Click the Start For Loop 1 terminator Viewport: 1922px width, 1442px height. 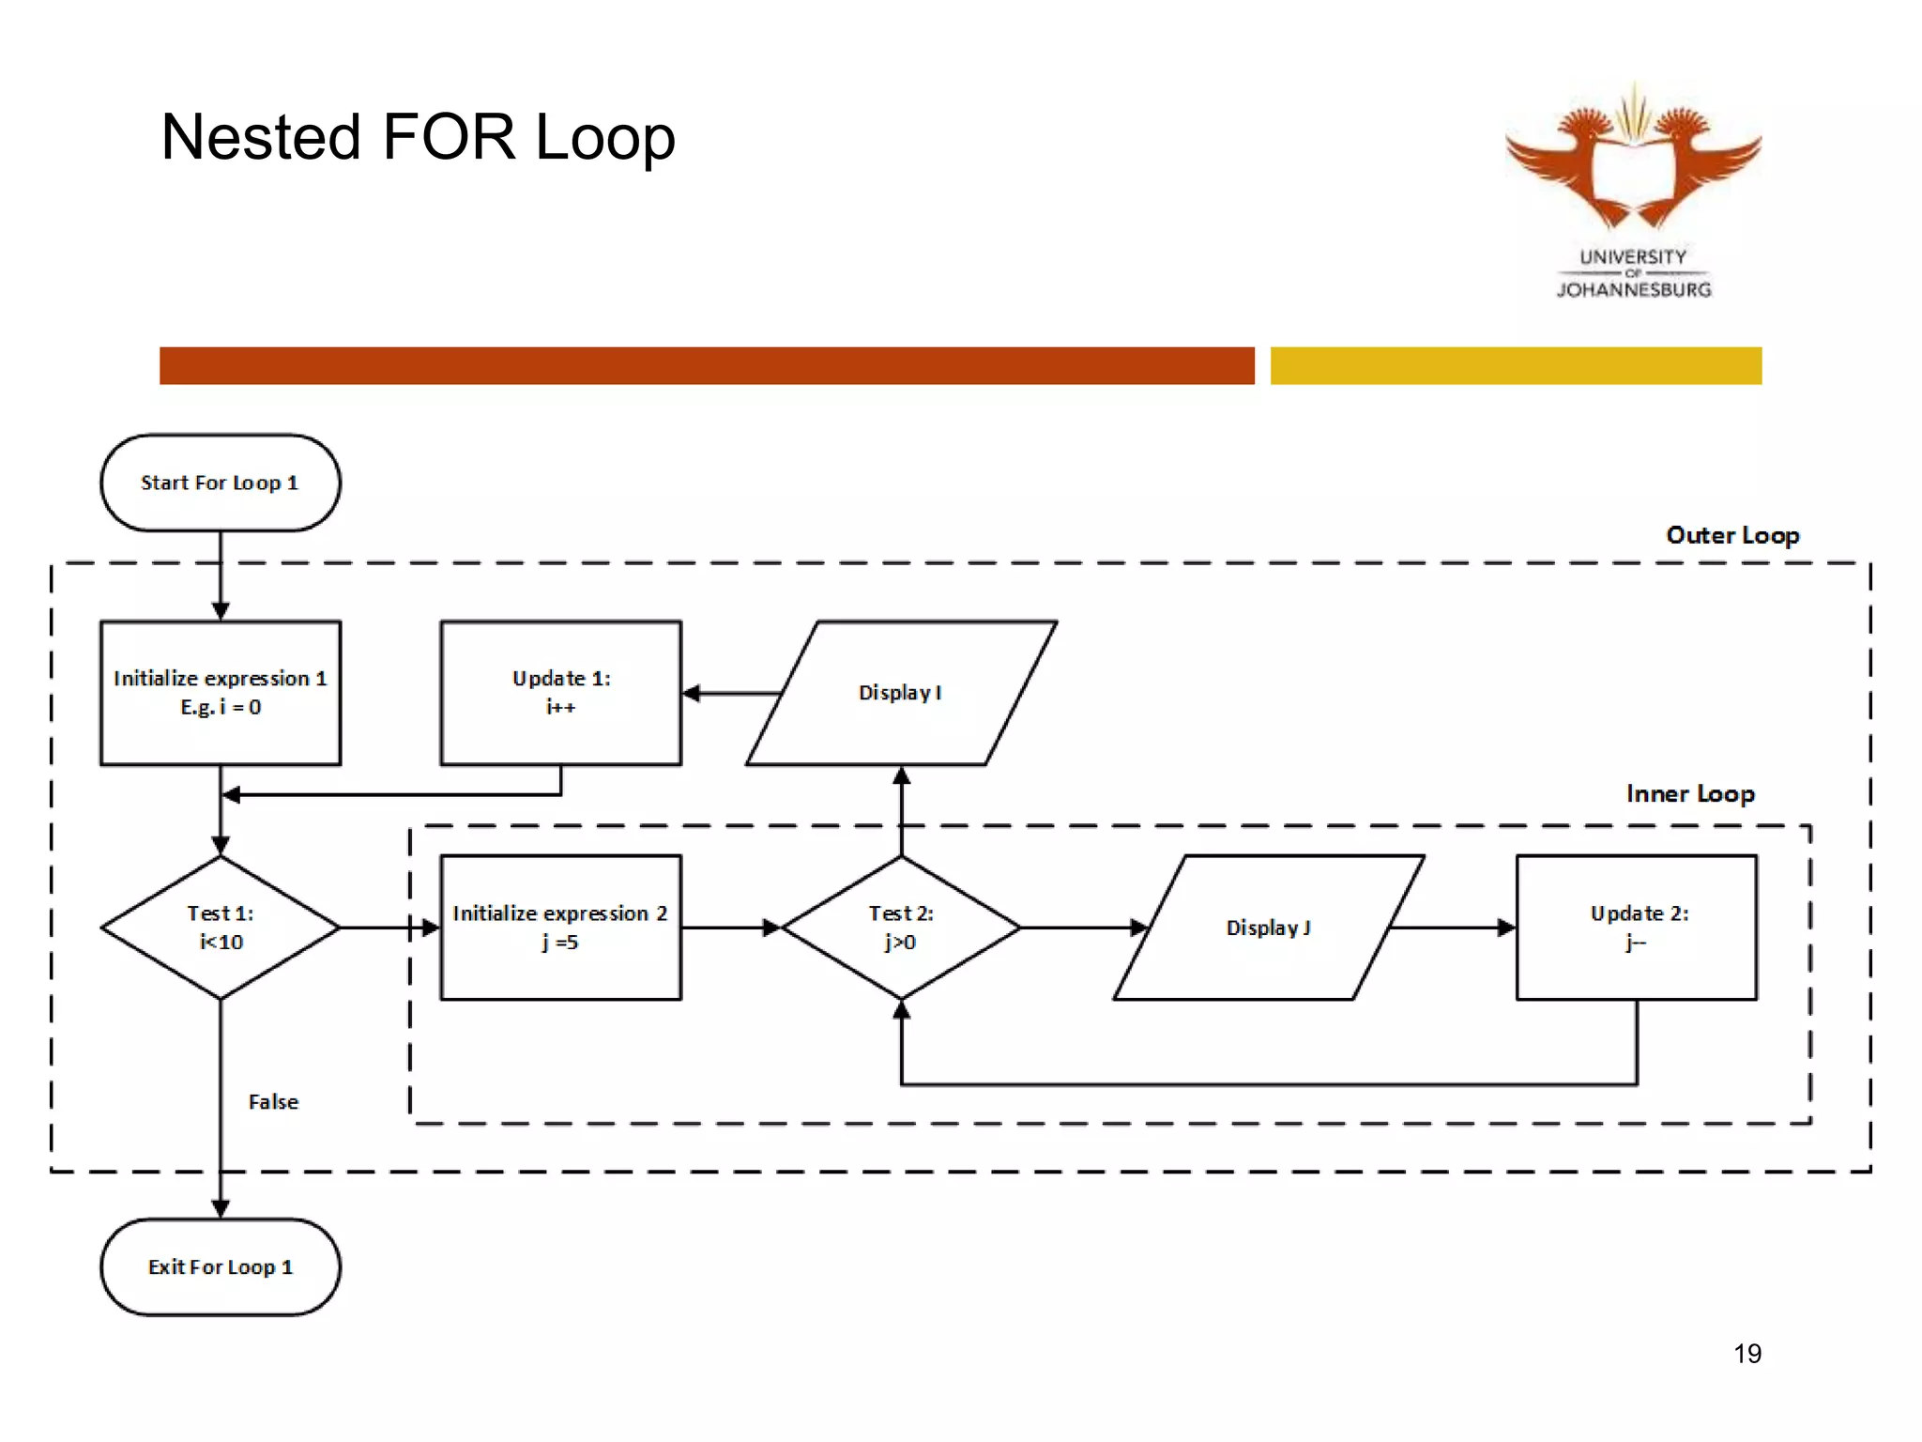click(x=221, y=483)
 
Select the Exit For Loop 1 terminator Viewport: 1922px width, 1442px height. click(x=221, y=1266)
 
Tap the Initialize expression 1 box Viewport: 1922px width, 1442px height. click(x=221, y=693)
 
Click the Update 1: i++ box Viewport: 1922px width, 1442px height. click(x=560, y=693)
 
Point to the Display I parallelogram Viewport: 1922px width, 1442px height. click(x=901, y=693)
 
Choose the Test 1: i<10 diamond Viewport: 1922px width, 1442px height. click(x=221, y=928)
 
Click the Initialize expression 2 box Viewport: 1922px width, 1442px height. click(x=560, y=928)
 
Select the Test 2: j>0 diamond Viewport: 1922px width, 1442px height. click(x=901, y=928)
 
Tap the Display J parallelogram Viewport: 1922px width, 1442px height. click(x=1268, y=928)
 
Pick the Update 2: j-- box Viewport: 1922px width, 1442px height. click(x=1637, y=928)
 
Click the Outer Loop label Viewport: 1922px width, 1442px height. click(x=1732, y=535)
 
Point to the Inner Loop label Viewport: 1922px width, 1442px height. click(x=1689, y=794)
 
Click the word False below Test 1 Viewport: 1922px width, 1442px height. click(x=273, y=1102)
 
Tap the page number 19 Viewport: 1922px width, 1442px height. click(x=1747, y=1354)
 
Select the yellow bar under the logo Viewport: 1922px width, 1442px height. click(x=1516, y=365)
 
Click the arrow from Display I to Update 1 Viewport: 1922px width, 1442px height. click(x=732, y=694)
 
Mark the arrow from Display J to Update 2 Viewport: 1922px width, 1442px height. click(x=1452, y=928)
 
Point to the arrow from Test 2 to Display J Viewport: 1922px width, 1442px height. click(x=1084, y=928)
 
